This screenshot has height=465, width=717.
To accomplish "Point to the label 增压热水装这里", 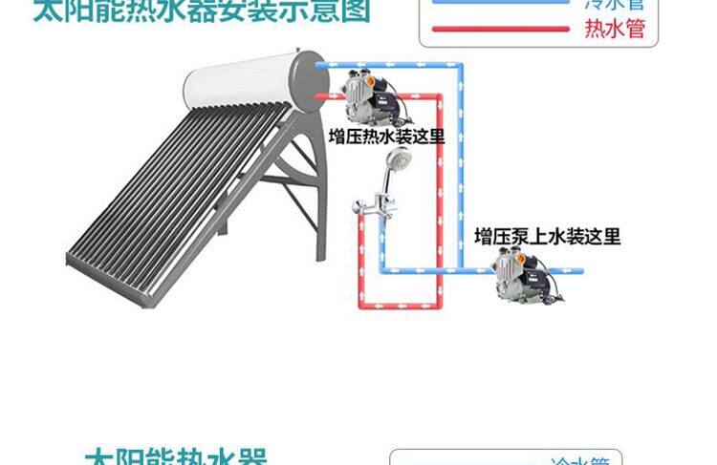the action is point(386,135).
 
